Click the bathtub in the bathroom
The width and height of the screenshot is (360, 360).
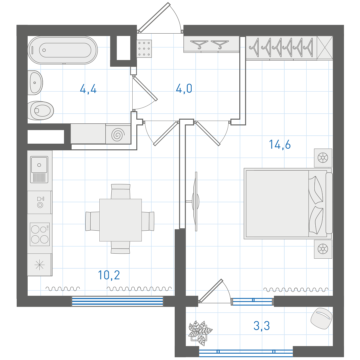tap(63, 50)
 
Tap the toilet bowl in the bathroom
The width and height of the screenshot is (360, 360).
tap(41, 111)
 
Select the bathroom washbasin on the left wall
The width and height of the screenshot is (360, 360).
tap(35, 83)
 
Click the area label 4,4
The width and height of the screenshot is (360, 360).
tap(88, 89)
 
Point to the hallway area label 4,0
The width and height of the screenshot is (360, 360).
tap(184, 89)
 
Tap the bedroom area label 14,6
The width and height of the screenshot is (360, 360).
tap(280, 145)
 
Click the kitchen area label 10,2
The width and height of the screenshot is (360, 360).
tap(109, 275)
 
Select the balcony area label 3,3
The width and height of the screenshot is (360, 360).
tap(262, 326)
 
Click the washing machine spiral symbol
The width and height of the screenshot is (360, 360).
tap(118, 134)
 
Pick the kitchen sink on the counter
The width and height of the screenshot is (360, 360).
tap(39, 169)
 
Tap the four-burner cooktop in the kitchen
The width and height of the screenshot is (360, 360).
tap(40, 234)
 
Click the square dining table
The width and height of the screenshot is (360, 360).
tap(121, 220)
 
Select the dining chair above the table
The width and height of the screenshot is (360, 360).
tap(121, 191)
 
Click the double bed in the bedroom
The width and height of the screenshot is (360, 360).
tap(288, 204)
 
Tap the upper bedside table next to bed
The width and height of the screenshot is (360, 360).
tap(323, 158)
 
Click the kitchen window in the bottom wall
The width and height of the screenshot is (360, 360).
tap(117, 301)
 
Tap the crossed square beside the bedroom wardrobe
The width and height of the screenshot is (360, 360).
tap(325, 48)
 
